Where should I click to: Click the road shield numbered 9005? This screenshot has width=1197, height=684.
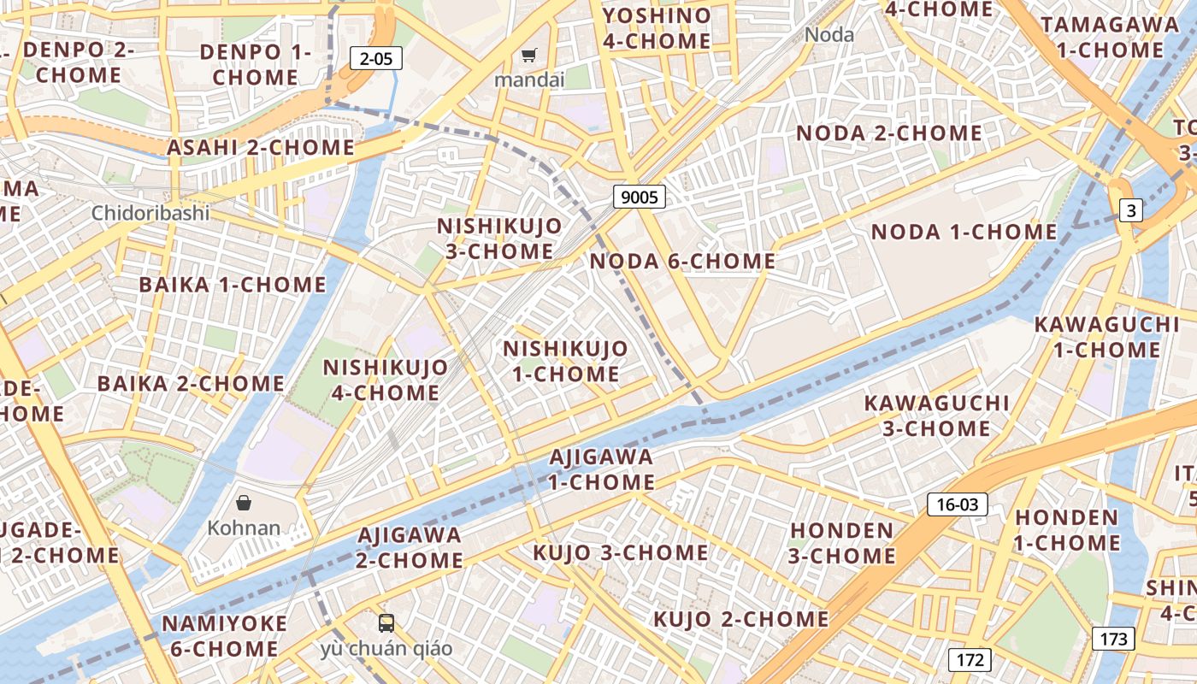pyautogui.click(x=640, y=198)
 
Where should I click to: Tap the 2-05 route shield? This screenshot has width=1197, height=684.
pyautogui.click(x=376, y=58)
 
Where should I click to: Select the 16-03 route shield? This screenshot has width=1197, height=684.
pyautogui.click(x=957, y=504)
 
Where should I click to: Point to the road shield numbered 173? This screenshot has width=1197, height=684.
pyautogui.click(x=1113, y=638)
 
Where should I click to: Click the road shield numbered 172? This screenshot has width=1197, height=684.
pyautogui.click(x=970, y=660)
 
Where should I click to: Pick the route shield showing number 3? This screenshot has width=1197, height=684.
pyautogui.click(x=1130, y=209)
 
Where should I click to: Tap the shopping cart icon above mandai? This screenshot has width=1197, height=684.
pyautogui.click(x=529, y=56)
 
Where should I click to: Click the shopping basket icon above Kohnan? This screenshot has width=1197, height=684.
pyautogui.click(x=244, y=502)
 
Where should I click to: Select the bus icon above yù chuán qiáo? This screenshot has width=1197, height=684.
pyautogui.click(x=386, y=623)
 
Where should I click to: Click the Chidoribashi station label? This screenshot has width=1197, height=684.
pyautogui.click(x=150, y=213)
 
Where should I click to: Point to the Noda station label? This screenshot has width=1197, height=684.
pyautogui.click(x=829, y=35)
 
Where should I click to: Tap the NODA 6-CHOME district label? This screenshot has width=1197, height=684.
pyautogui.click(x=683, y=262)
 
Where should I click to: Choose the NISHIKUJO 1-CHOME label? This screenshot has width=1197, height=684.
pyautogui.click(x=565, y=362)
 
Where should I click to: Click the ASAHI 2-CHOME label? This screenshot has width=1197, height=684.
pyautogui.click(x=261, y=148)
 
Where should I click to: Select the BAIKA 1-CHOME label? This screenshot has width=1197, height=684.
pyautogui.click(x=233, y=285)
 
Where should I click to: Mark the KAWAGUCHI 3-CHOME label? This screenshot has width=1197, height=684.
pyautogui.click(x=936, y=416)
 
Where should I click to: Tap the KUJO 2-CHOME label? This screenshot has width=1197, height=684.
pyautogui.click(x=741, y=619)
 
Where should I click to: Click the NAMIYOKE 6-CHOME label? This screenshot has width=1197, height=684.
pyautogui.click(x=224, y=636)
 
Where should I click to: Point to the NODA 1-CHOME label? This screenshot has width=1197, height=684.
pyautogui.click(x=964, y=233)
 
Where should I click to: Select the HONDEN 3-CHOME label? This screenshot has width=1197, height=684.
pyautogui.click(x=841, y=543)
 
